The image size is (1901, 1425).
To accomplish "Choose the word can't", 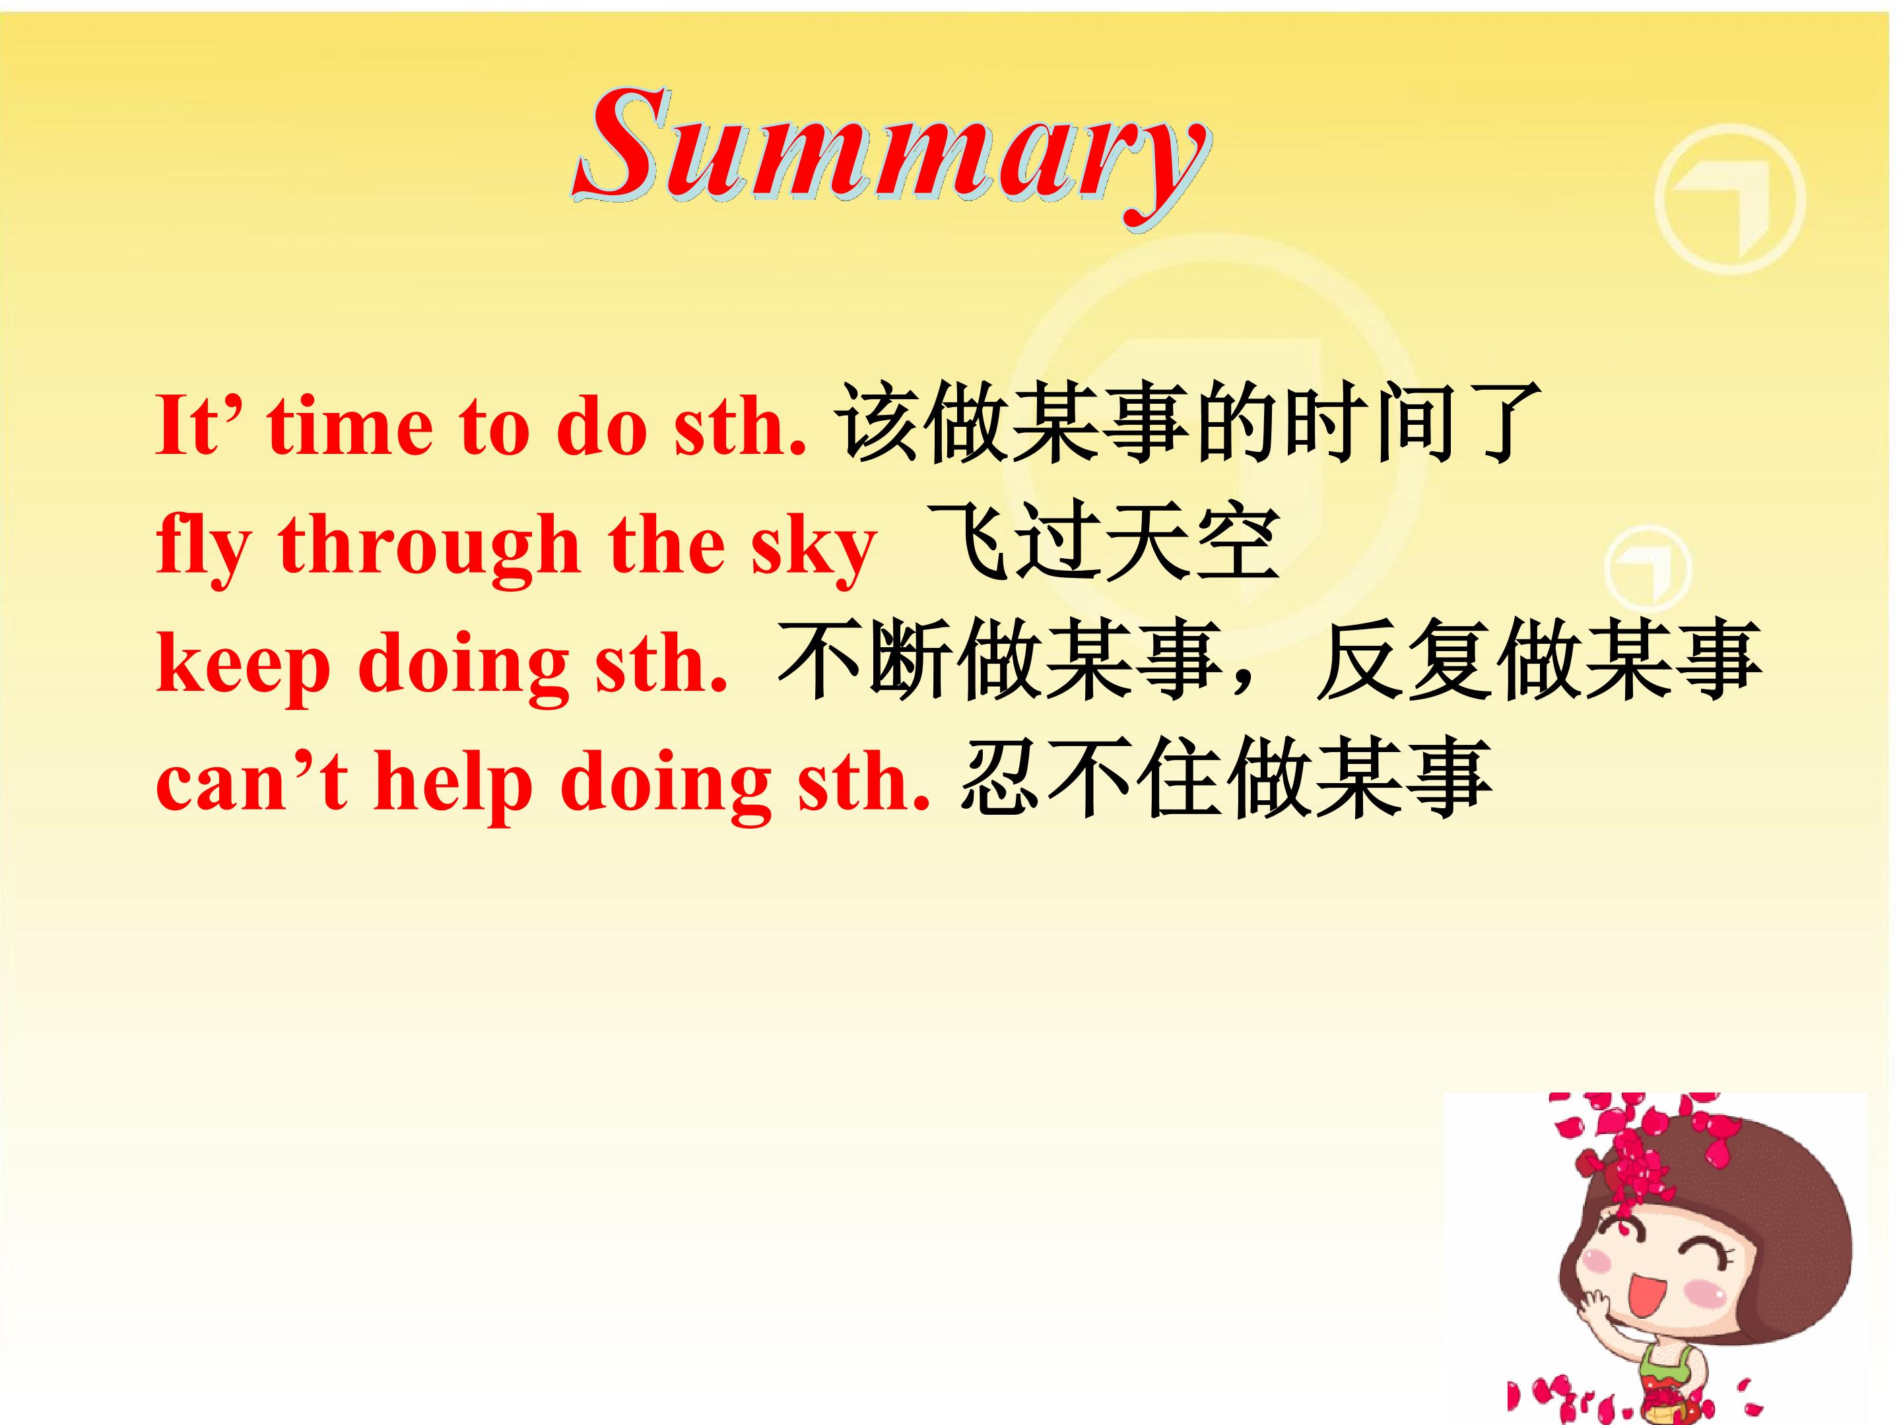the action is [x=251, y=782].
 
